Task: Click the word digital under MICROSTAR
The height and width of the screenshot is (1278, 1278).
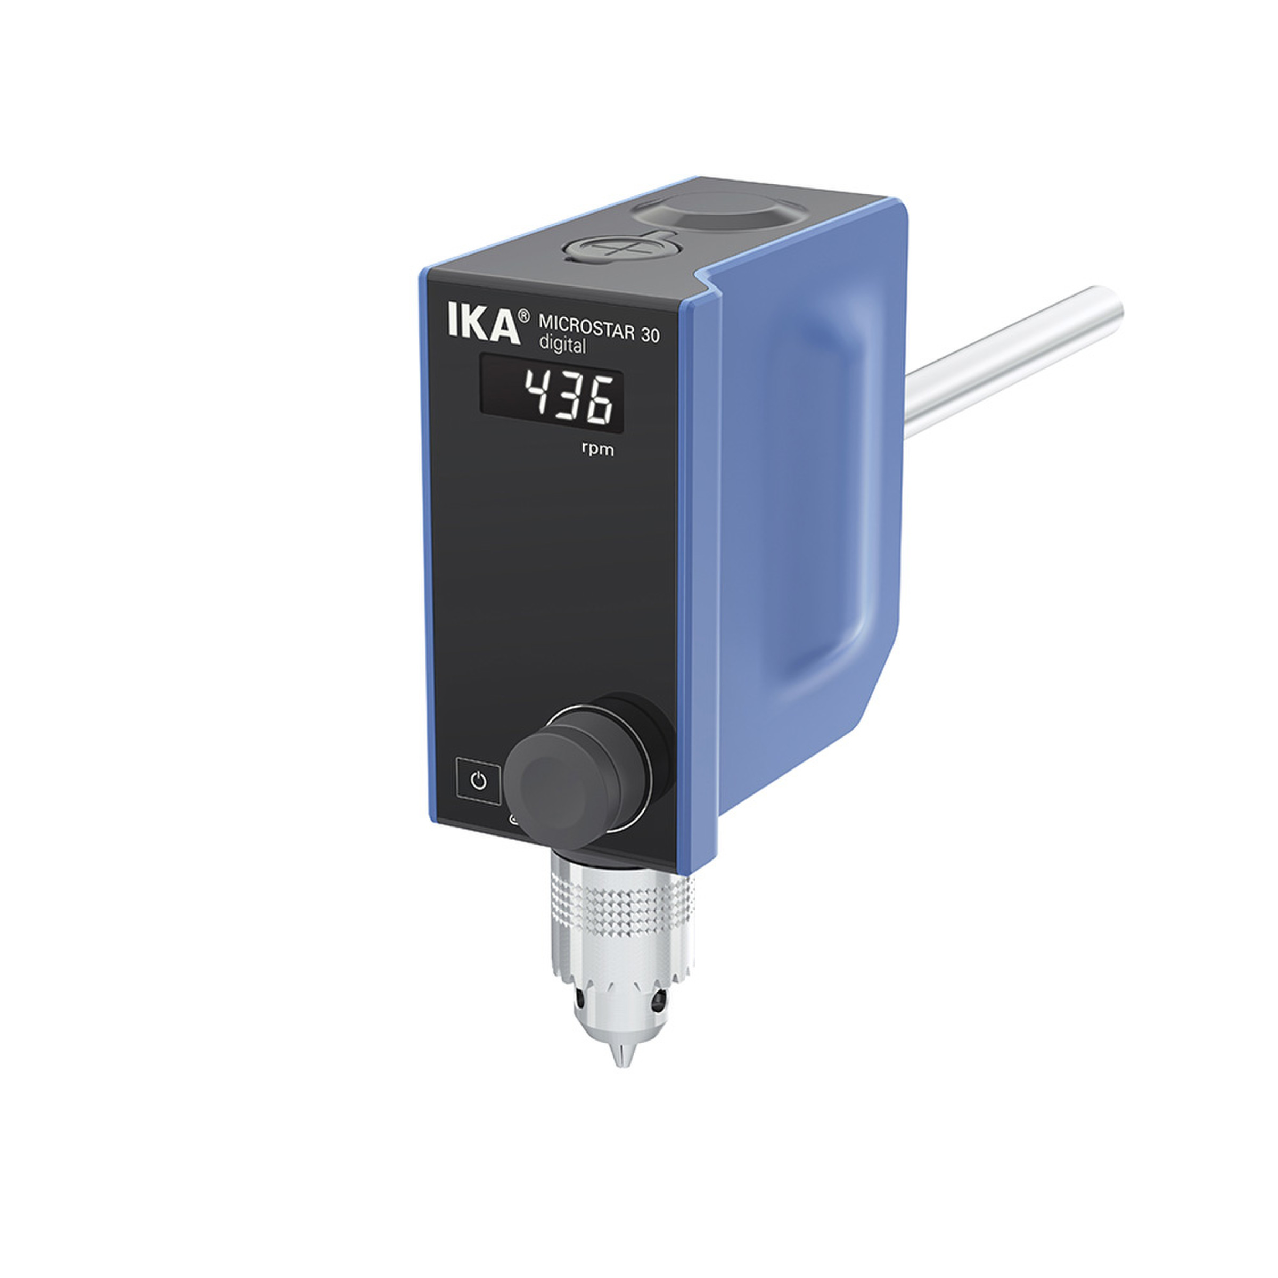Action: [562, 344]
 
